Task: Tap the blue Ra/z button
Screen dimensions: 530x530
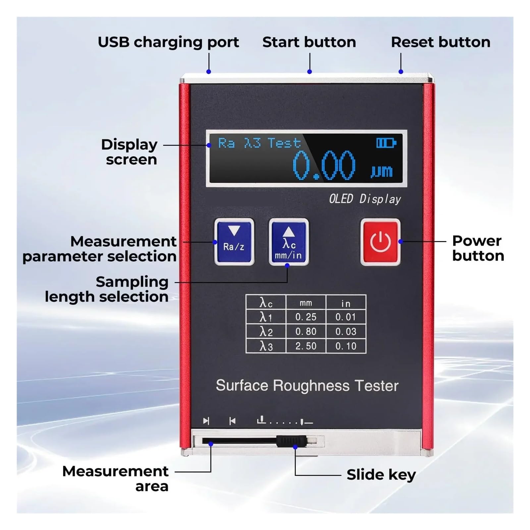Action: (234, 242)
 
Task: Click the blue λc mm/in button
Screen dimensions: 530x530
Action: (289, 242)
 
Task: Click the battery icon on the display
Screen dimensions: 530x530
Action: (386, 143)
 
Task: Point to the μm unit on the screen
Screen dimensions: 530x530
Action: (382, 171)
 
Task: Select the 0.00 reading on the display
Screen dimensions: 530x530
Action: (324, 165)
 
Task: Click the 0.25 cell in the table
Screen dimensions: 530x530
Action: (306, 317)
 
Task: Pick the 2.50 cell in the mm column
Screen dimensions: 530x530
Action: (306, 346)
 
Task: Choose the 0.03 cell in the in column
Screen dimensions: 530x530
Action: (346, 332)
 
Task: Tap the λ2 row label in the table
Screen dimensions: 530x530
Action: (266, 332)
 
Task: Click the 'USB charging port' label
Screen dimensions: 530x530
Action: (168, 42)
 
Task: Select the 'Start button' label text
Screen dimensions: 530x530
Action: (309, 42)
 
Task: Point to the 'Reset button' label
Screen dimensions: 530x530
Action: (441, 42)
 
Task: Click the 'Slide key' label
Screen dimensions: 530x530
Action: (381, 475)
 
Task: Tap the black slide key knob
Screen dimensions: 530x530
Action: (291, 441)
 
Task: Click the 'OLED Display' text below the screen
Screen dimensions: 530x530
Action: (365, 199)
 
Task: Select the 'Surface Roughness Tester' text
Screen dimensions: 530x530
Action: (307, 386)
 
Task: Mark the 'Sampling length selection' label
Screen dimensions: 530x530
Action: (107, 289)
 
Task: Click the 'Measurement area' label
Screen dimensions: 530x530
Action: (115, 479)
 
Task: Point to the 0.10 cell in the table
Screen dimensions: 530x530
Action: (346, 346)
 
